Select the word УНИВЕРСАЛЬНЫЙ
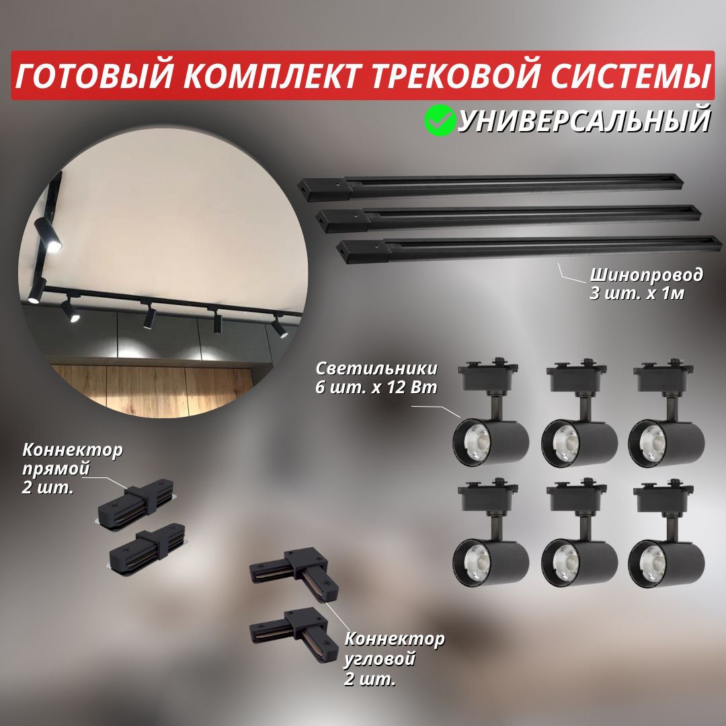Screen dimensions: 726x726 583,122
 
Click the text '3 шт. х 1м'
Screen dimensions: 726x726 637,294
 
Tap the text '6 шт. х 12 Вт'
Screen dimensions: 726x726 377,388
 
